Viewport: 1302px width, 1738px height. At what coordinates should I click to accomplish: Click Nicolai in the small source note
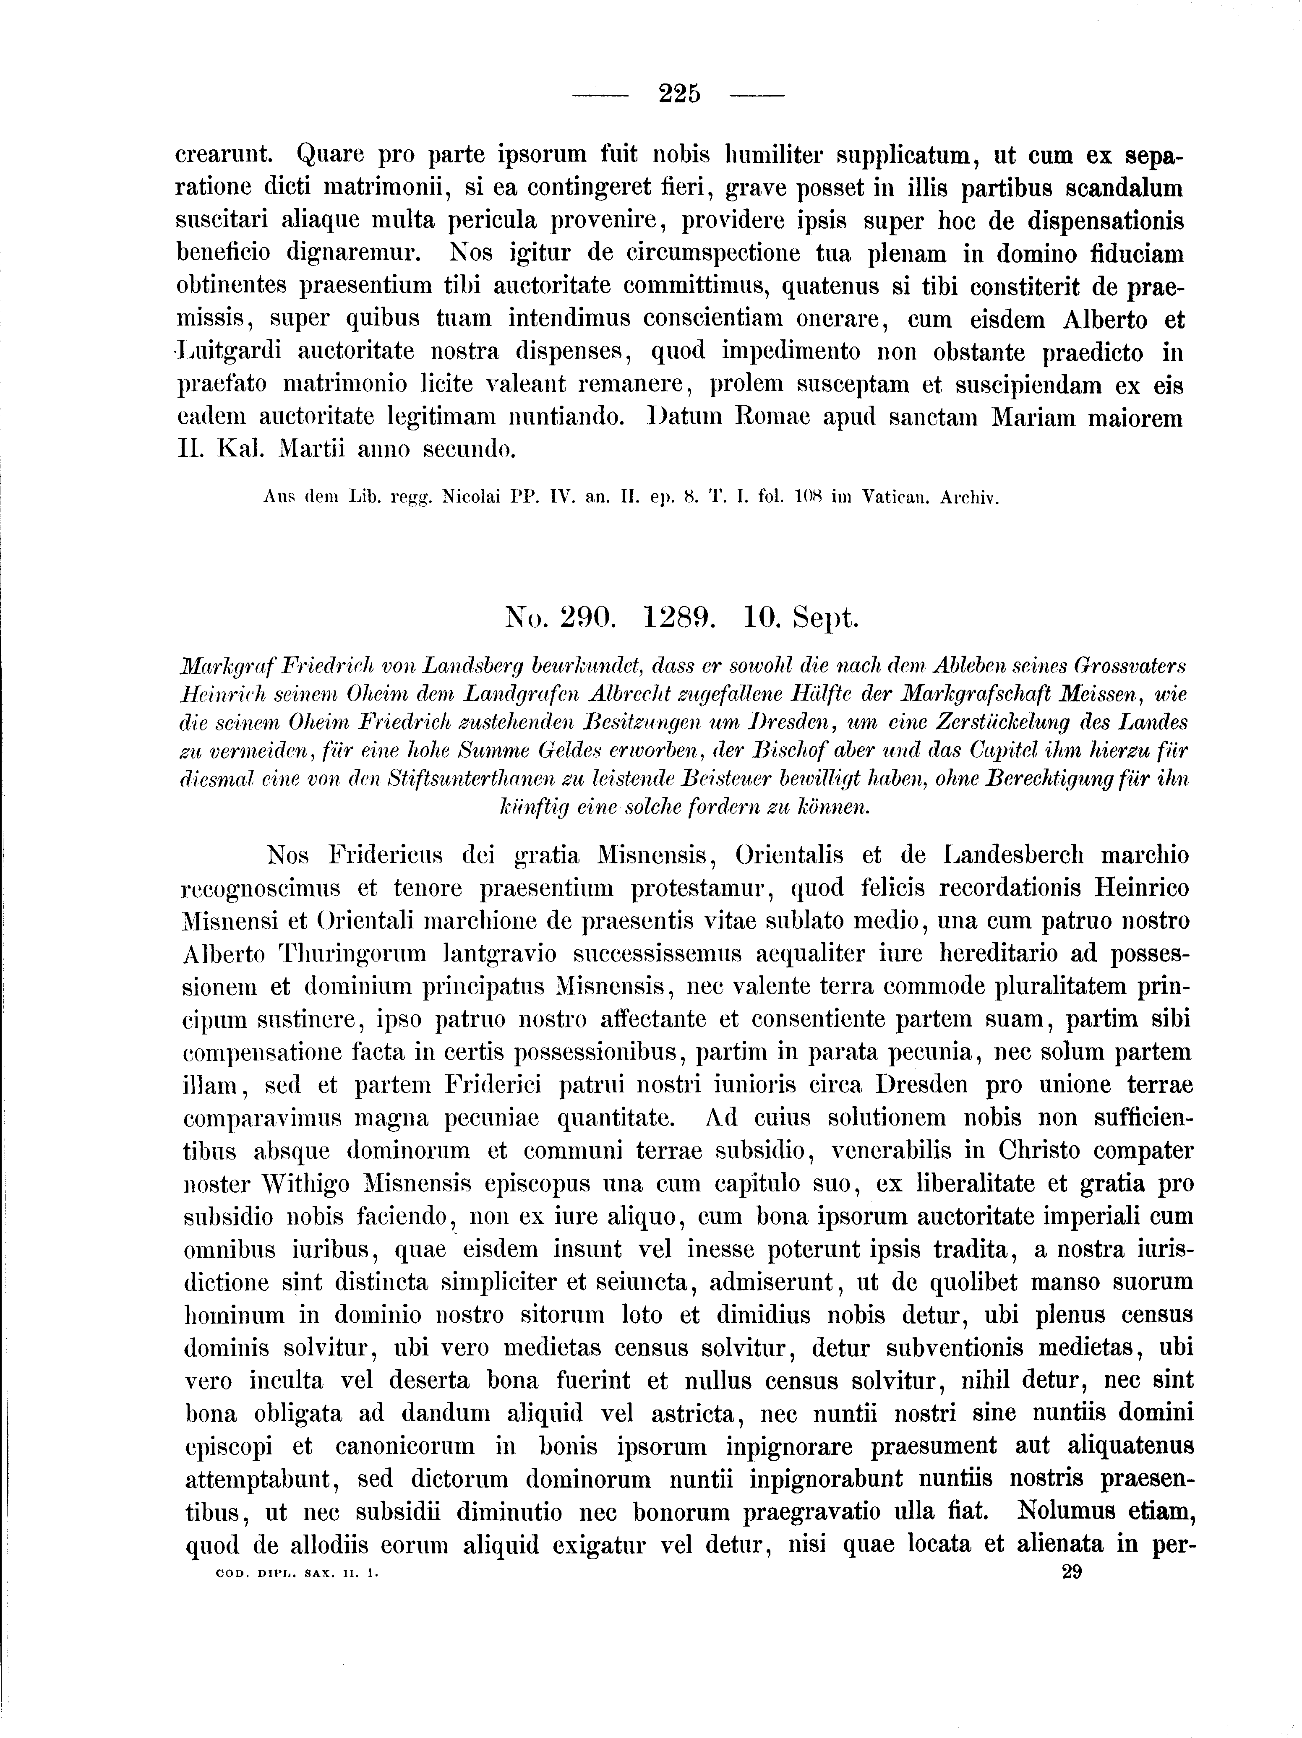click(x=474, y=498)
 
